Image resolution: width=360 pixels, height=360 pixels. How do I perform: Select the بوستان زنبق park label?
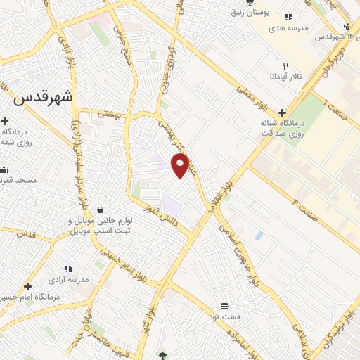253,12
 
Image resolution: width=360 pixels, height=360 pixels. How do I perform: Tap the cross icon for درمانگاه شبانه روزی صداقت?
282,112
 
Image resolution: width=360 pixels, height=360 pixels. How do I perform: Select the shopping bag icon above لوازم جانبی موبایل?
100,210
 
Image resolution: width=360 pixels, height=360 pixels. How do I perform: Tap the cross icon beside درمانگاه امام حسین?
27,287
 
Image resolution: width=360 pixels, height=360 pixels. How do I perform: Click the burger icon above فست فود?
224,306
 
